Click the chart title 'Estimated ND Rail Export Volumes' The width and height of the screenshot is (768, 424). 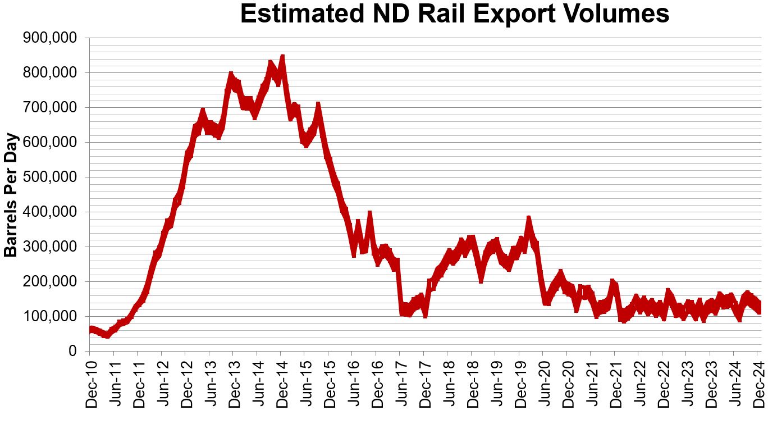coord(455,14)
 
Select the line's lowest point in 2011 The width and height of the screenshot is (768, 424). coord(106,335)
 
